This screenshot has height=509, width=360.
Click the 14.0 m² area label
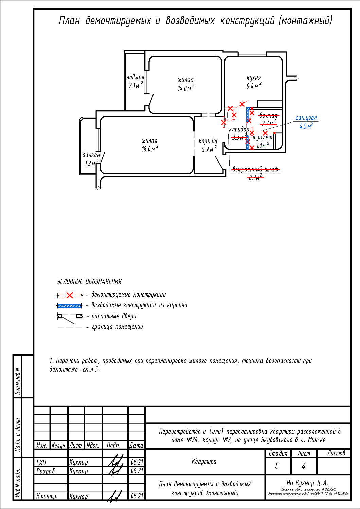coord(185,88)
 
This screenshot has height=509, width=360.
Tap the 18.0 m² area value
coord(149,149)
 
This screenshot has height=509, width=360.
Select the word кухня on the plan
coord(254,78)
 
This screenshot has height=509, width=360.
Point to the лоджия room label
coord(135,77)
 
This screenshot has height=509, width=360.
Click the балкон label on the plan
coord(91,155)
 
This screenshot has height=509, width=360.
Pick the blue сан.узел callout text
coord(306,118)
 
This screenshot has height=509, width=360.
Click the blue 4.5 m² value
coord(306,126)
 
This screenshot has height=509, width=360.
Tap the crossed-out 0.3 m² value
coord(255,177)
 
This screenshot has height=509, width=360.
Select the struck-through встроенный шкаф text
coord(255,169)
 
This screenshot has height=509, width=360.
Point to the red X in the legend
coord(70,295)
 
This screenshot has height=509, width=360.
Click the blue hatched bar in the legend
coord(70,306)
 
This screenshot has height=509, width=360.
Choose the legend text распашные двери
coord(114,316)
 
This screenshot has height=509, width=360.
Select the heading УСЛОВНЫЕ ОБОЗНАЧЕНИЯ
coord(89,282)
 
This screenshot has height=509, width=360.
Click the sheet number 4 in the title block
coord(303,466)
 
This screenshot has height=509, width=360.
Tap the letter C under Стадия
coord(277,466)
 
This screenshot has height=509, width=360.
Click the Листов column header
coord(336,453)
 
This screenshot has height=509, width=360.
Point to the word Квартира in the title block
coord(204,461)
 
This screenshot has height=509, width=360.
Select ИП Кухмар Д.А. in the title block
coord(308,483)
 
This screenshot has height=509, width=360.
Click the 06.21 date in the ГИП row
coord(137,462)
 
